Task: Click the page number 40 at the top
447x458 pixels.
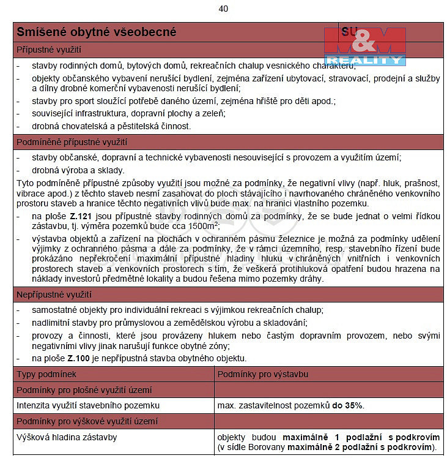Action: [223, 9]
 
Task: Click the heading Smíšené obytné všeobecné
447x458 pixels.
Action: [97, 32]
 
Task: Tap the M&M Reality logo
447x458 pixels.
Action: [365, 46]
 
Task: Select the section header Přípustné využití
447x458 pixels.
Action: [49, 48]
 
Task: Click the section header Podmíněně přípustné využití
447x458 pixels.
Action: [72, 143]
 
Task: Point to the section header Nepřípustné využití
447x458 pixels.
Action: [54, 295]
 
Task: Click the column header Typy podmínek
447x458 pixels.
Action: [46, 374]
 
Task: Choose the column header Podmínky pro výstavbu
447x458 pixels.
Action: [263, 374]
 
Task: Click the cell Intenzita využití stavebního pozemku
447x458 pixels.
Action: [88, 405]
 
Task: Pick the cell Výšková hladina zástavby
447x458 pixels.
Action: [67, 437]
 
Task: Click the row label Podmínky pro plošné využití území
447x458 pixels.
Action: [84, 390]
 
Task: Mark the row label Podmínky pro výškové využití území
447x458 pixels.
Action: [87, 421]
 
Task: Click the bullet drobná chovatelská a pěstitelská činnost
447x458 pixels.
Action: [111, 126]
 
